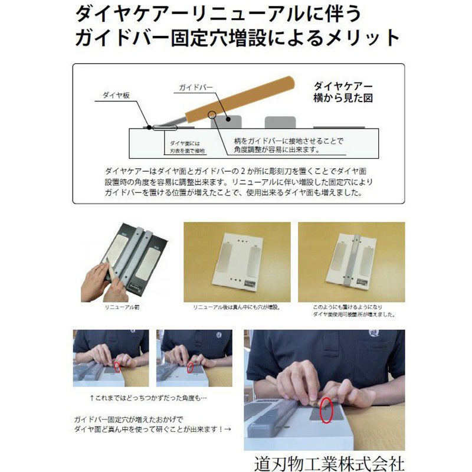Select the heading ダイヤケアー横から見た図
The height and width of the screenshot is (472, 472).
pos(342,92)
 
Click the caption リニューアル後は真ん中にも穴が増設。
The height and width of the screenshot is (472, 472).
pos(236,308)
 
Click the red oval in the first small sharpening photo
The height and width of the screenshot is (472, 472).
pos(117,366)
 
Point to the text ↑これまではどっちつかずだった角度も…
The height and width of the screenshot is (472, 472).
pos(148,398)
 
